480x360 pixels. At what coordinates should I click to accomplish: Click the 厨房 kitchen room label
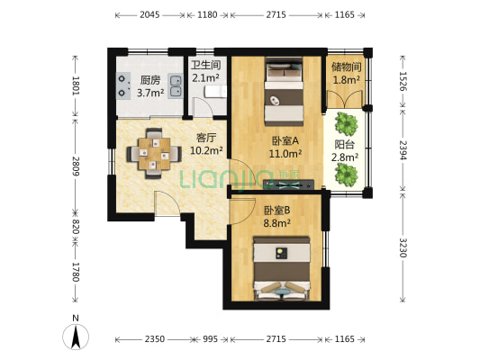149,79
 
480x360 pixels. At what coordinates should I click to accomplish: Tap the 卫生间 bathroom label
205,65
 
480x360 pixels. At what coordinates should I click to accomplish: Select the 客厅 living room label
207,138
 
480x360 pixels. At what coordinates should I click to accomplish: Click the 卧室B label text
276,211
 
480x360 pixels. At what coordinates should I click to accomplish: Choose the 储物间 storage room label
347,67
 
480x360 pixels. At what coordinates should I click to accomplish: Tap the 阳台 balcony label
345,144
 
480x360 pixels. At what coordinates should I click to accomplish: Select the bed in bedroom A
285,94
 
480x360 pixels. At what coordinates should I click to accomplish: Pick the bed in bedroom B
284,265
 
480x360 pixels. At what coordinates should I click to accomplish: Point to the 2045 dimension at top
150,15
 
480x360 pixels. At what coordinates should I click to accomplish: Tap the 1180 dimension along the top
207,15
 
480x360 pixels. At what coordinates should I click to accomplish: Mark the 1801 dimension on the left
76,88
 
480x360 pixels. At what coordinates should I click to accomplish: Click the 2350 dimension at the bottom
154,339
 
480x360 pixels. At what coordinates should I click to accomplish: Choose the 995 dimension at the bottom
210,339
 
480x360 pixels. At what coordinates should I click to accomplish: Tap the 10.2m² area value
206,150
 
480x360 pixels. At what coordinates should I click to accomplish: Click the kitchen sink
176,85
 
